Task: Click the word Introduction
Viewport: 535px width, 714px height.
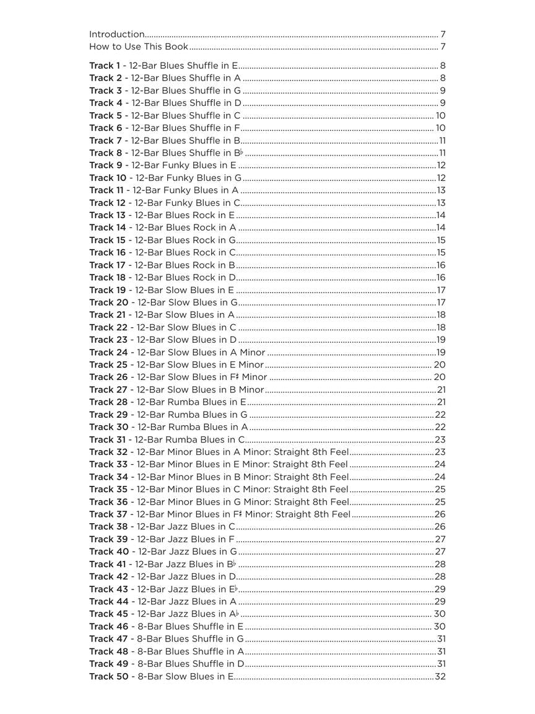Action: tap(117, 35)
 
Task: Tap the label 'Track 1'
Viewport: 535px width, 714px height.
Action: tap(105, 66)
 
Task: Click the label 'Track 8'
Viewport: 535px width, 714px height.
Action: tap(105, 153)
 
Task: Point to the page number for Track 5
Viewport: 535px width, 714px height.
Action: tap(440, 116)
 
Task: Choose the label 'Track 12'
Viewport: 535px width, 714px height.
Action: tap(107, 203)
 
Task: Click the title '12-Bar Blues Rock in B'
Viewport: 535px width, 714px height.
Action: tap(185, 265)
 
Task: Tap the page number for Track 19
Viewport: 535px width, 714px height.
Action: tap(441, 290)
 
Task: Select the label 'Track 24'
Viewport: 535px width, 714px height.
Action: tap(108, 353)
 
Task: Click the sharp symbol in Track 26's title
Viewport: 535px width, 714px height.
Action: tap(238, 377)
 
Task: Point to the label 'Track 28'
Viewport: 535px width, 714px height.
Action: tap(108, 402)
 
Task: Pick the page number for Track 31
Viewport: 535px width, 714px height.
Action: tap(440, 439)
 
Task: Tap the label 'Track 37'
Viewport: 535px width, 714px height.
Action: tap(108, 514)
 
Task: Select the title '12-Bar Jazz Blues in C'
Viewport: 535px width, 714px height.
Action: tap(186, 527)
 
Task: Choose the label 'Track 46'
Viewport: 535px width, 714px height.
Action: tap(108, 627)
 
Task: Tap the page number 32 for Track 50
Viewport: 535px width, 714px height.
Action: tap(440, 676)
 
